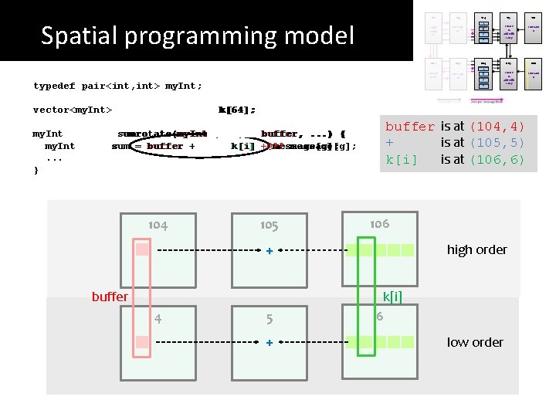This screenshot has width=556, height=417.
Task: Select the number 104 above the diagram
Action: [x=158, y=225]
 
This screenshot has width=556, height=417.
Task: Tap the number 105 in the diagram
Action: [x=269, y=225]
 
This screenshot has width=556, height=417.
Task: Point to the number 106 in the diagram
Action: [x=379, y=223]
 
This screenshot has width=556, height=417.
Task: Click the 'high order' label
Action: [x=476, y=249]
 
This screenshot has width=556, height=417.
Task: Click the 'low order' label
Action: [x=475, y=342]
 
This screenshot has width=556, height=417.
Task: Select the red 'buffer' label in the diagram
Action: [x=110, y=297]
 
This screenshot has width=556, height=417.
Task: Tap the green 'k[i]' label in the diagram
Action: [x=392, y=297]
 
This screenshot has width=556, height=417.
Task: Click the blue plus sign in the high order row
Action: [x=269, y=251]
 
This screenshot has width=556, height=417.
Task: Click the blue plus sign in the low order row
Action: [x=269, y=343]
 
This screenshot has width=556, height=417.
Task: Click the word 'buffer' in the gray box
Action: [x=410, y=127]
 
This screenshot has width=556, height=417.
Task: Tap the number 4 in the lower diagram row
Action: [x=158, y=317]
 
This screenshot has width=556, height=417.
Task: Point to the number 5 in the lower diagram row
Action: [x=269, y=318]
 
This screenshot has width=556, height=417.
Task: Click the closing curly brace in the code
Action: [x=36, y=171]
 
